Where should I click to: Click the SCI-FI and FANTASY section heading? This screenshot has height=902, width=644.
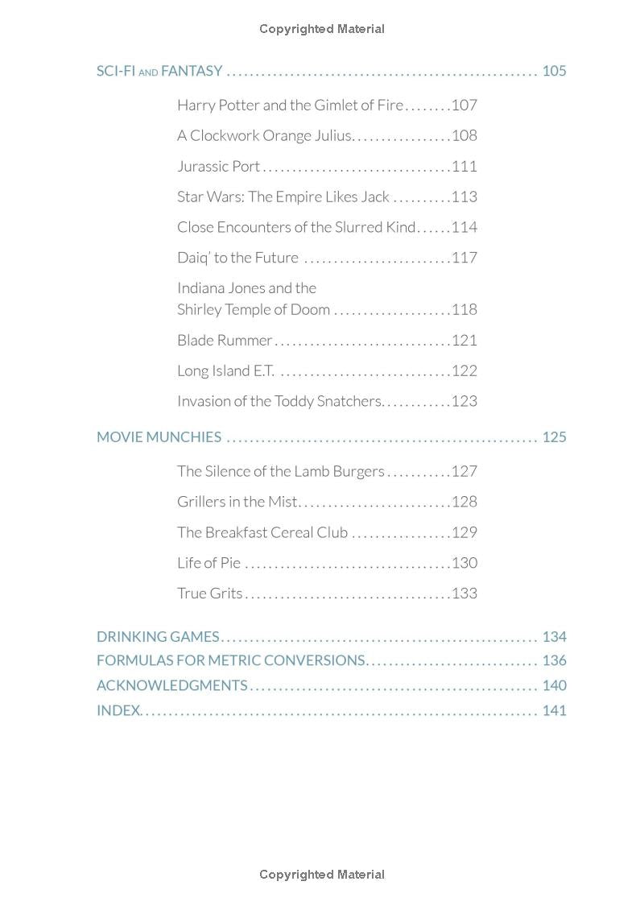[x=159, y=71]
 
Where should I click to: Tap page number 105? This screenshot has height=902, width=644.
[x=554, y=71]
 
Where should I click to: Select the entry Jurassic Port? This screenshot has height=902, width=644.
[x=218, y=166]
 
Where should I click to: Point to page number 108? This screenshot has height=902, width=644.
[x=464, y=135]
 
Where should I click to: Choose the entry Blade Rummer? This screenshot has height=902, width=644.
[x=225, y=340]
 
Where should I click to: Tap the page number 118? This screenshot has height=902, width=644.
[x=464, y=309]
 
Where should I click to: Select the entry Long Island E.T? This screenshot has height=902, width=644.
[x=225, y=370]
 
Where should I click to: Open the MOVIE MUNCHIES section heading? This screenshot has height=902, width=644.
[x=159, y=437]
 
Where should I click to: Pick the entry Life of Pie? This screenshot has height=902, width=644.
[x=208, y=562]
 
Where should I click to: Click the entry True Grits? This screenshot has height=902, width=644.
[x=209, y=593]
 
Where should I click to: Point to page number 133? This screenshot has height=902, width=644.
[x=464, y=593]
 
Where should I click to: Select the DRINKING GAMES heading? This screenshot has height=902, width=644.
[x=158, y=636]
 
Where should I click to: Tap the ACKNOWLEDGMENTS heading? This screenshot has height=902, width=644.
[x=171, y=685]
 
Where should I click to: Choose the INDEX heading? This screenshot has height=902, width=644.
[x=118, y=710]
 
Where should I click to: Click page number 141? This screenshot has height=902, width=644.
[x=554, y=710]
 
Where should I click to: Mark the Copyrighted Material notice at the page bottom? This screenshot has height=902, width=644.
[x=322, y=875]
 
